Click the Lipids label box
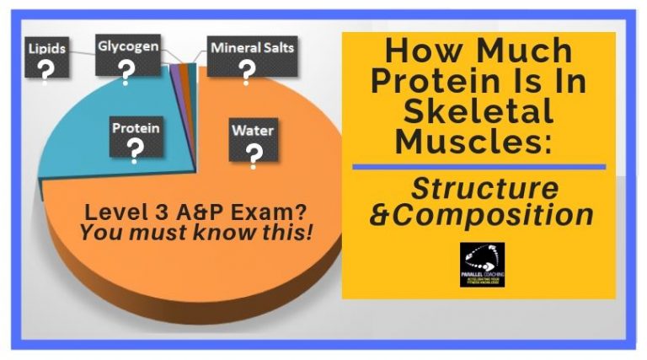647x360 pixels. click(x=47, y=60)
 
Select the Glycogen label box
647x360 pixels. click(x=127, y=60)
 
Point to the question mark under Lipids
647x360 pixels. click(x=47, y=70)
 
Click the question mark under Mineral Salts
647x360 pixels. click(x=247, y=73)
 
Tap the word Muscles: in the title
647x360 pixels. click(x=475, y=140)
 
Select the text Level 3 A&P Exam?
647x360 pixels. click(x=196, y=211)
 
